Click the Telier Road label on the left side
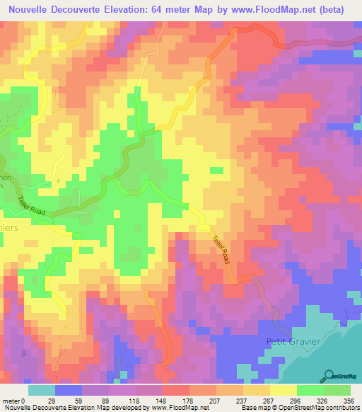[x=33, y=206]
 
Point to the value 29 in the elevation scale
[x=52, y=401]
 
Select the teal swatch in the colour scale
[x=41, y=390]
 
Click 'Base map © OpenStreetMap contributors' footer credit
[x=298, y=408]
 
